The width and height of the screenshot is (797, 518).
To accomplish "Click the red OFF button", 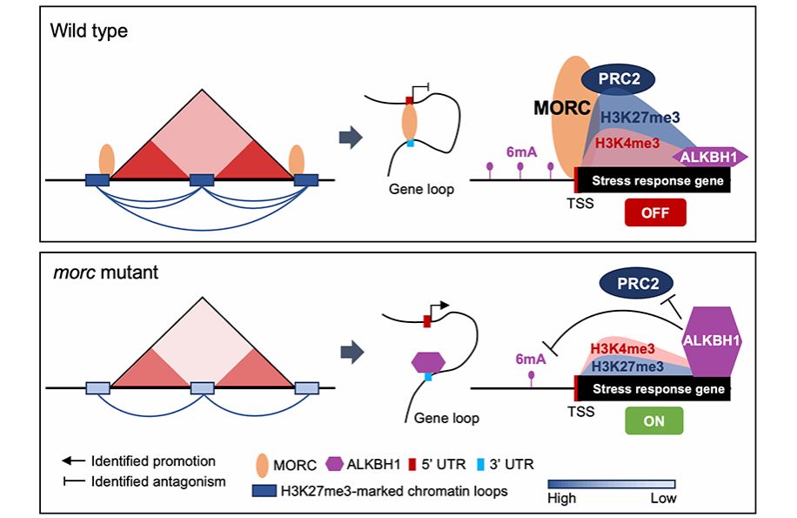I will point(654,212).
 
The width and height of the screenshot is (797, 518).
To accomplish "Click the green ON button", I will point(653,419).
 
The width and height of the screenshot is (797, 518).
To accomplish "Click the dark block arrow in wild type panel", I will point(350,138).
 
